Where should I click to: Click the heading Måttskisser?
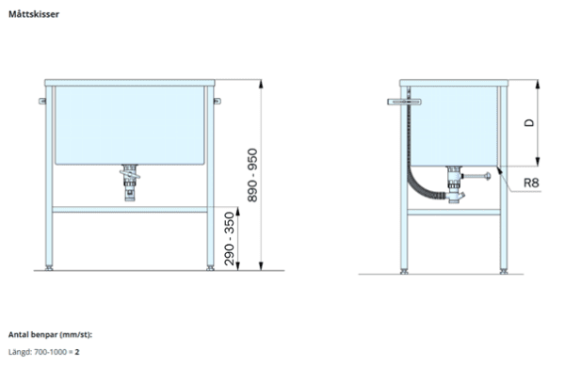(x=34, y=14)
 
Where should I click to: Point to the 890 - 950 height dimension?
(x=252, y=175)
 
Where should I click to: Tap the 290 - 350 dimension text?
(x=229, y=239)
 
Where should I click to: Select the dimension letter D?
(x=529, y=122)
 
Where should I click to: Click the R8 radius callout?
(x=531, y=183)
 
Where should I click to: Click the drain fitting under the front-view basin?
(x=130, y=183)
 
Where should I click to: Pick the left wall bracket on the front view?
(x=42, y=101)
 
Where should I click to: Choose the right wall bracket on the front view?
(x=217, y=101)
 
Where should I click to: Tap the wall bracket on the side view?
(x=404, y=103)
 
